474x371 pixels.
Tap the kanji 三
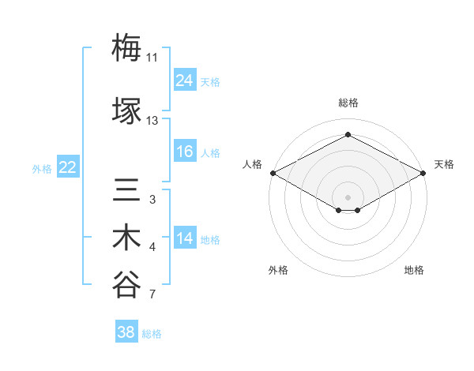(x=126, y=190)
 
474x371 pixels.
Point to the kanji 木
(x=126, y=238)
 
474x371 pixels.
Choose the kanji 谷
(x=126, y=285)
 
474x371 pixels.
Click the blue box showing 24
(x=185, y=80)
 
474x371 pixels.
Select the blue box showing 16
(x=185, y=152)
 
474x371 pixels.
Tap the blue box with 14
(x=185, y=238)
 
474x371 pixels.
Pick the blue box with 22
(x=68, y=167)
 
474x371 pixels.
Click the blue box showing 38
(x=126, y=332)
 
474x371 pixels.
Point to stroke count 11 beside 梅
(x=152, y=58)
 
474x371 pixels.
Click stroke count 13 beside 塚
(x=152, y=121)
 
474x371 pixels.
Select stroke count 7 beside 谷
(x=152, y=295)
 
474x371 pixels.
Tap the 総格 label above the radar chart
(x=348, y=103)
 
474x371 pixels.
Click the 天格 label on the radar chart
(x=444, y=164)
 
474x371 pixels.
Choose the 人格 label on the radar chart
(x=252, y=164)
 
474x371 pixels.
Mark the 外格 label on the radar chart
(x=278, y=270)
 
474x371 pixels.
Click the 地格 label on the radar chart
(x=414, y=270)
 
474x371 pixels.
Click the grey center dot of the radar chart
(x=348, y=196)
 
